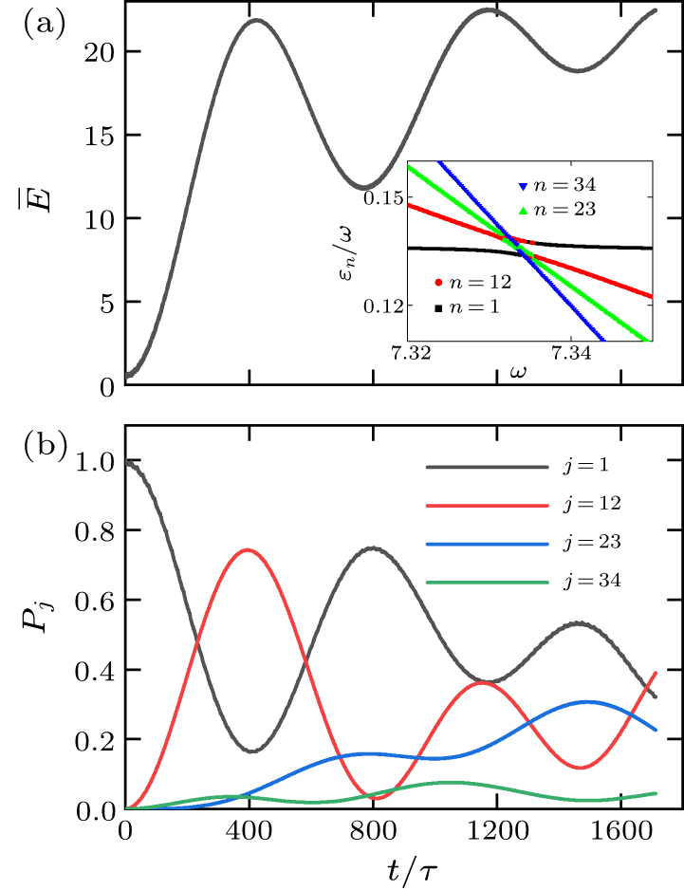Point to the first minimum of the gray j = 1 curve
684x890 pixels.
tap(251, 751)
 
